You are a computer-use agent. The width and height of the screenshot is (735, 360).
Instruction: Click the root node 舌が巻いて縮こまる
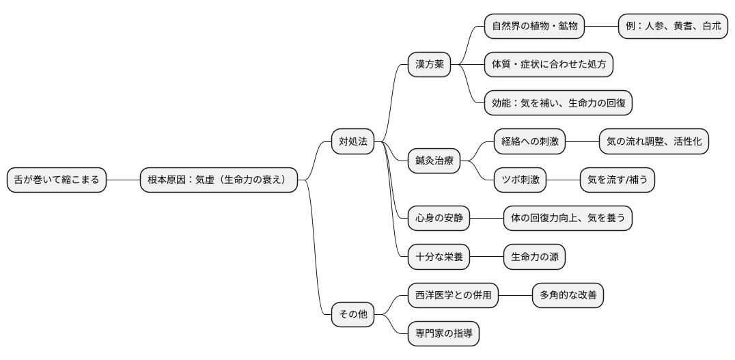click(x=57, y=180)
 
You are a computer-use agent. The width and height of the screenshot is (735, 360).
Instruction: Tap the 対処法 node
click(x=352, y=141)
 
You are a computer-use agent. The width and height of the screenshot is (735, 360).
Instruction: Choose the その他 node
click(x=352, y=315)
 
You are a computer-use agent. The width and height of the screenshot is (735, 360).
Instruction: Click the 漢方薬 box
click(x=429, y=65)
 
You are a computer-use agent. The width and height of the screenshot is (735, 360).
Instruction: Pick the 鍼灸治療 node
click(x=434, y=161)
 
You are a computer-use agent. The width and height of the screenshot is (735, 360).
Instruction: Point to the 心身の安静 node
click(x=439, y=219)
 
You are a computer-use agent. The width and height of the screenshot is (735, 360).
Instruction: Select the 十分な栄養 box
click(x=439, y=258)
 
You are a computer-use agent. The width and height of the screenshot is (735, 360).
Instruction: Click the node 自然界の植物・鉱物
click(x=535, y=27)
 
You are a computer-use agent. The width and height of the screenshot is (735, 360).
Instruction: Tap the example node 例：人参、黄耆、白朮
click(x=673, y=27)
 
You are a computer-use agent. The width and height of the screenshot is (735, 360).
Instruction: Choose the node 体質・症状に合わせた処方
click(x=549, y=65)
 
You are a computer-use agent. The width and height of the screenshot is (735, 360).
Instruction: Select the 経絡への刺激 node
click(x=530, y=141)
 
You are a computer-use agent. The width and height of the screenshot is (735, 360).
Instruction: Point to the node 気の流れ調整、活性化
click(x=654, y=141)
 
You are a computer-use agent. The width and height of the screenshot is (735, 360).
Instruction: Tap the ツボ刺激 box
click(x=521, y=180)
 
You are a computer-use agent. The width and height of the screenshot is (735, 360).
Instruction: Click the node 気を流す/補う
click(x=617, y=180)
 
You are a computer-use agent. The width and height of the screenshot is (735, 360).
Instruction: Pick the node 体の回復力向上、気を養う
click(x=568, y=219)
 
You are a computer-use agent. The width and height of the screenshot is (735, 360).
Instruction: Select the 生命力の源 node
click(x=534, y=258)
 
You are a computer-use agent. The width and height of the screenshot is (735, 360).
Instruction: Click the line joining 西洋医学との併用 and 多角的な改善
click(x=515, y=296)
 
